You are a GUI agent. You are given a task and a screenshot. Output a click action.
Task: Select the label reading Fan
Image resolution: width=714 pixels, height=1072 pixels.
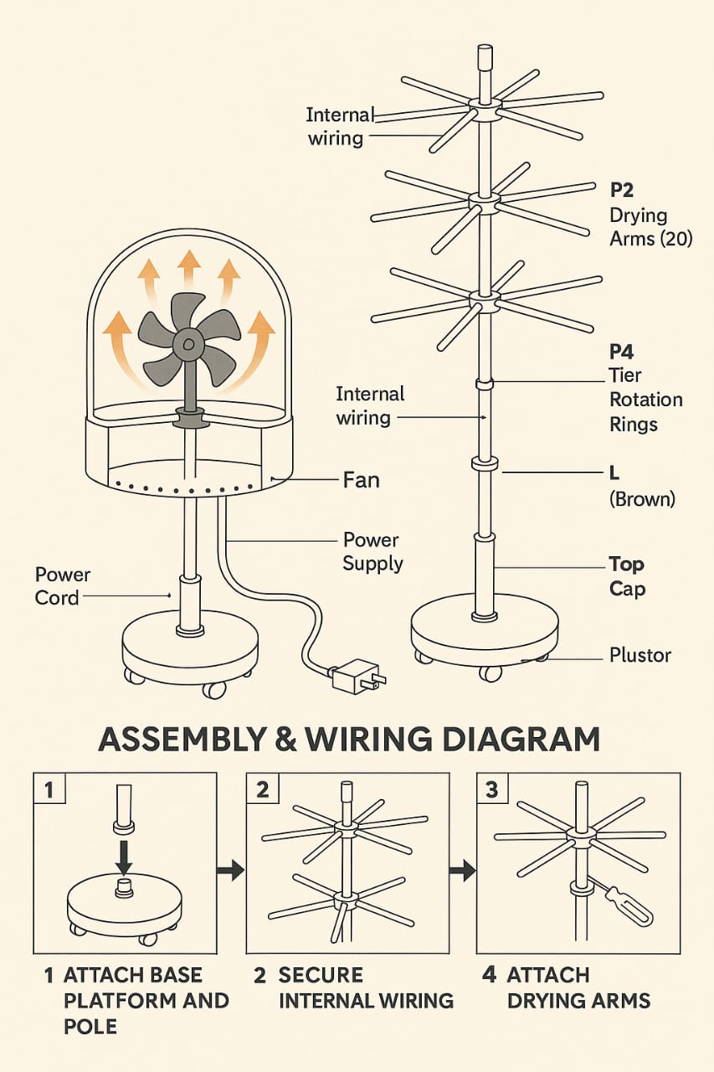[x=361, y=480]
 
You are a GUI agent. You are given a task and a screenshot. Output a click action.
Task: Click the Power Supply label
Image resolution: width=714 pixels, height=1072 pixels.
[x=372, y=551]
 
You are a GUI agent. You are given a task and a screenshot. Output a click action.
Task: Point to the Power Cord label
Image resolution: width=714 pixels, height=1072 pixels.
[x=62, y=586]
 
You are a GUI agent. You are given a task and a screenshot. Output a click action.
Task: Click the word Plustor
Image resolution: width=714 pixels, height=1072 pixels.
[x=639, y=654]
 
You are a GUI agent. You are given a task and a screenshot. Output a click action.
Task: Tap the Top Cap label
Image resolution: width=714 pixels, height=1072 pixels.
[x=626, y=576]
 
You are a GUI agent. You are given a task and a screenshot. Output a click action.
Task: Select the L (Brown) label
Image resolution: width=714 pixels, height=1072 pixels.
[x=641, y=487]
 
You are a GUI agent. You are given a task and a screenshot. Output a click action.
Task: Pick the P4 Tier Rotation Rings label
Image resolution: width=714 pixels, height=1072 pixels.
[x=645, y=387]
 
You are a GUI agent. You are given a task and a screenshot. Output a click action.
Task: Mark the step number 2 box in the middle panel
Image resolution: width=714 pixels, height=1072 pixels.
[x=263, y=790]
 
